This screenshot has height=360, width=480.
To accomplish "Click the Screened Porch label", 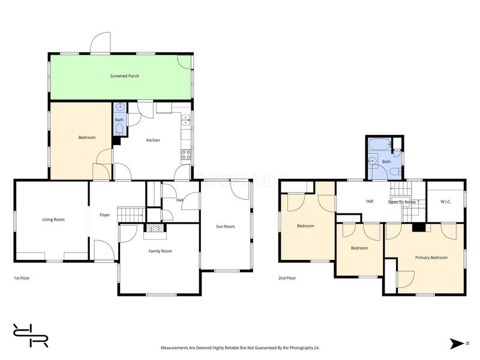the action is point(125,76).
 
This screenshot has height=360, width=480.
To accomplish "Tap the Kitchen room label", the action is point(153,140).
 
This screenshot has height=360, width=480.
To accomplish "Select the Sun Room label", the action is point(226,227).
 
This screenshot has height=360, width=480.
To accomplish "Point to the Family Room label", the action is point(160,251).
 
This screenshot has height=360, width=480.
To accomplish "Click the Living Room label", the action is point(53,220).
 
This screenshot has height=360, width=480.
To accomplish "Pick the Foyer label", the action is point(104,215).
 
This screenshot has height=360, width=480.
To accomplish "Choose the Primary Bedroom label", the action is point(431,258).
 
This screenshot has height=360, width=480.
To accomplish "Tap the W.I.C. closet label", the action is point(445,202).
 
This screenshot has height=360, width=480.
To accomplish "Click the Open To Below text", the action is point(402,202).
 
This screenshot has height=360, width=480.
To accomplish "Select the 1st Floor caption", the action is point(22,278).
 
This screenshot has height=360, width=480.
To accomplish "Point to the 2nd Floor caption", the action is point(287,278).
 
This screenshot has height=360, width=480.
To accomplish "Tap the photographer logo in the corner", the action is point(31,335).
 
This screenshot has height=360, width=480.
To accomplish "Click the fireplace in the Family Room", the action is point(155,228).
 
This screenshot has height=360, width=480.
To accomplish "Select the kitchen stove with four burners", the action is point(186,154).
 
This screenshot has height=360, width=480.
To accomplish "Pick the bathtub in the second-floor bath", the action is point(380,144).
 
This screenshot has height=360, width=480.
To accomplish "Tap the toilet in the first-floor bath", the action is point(119,130).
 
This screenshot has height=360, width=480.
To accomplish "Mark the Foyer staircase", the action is point(131,214).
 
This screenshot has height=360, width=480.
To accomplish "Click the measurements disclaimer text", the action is point(240,348).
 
